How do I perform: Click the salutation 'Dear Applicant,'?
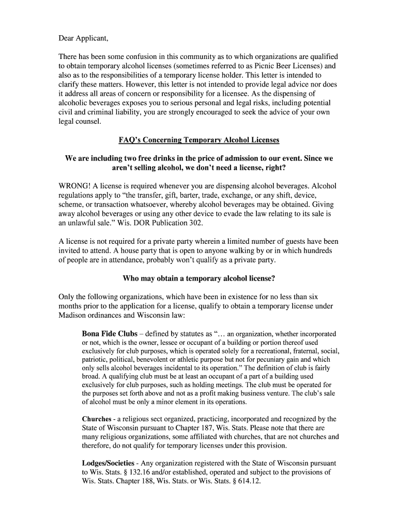coord(83,38)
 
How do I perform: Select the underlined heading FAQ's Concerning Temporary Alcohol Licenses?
coord(198,140)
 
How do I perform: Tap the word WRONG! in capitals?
coord(74,186)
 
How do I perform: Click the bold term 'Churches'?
coord(97,419)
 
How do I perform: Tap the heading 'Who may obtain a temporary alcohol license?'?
coord(198,278)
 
